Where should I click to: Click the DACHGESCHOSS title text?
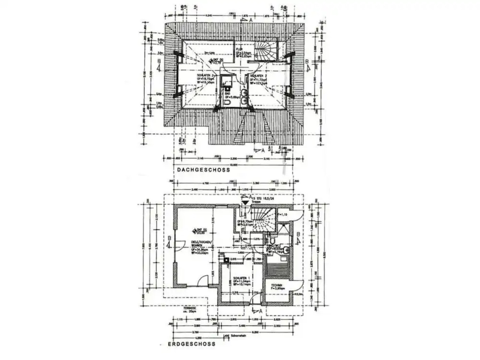tap(203, 170)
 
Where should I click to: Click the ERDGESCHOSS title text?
tap(187, 344)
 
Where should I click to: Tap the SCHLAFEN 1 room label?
tap(242, 278)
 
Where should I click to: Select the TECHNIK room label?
tap(277, 286)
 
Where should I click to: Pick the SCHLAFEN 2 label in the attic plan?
tap(205, 76)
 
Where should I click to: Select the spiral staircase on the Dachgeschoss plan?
tap(266, 52)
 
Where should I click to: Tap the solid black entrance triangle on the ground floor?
tap(245, 202)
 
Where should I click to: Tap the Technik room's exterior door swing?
tap(297, 287)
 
